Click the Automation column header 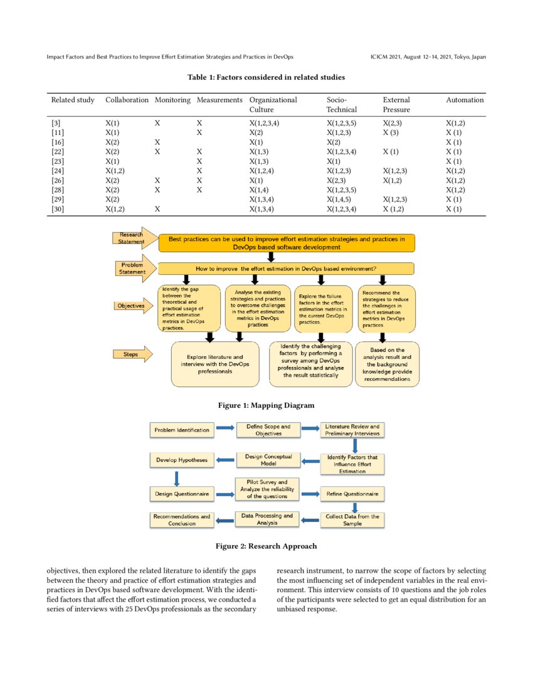465,100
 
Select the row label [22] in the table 57,152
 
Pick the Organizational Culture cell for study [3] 264,124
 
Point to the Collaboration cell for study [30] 115,208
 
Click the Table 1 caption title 266,77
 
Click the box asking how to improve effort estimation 286,268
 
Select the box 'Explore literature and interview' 215,364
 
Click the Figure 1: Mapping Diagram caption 266,405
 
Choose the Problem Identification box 182,430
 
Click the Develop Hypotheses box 182,460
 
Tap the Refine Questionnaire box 352,494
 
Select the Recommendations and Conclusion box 182,520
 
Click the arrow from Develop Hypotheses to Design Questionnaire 177,477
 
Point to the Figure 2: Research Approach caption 266,546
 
